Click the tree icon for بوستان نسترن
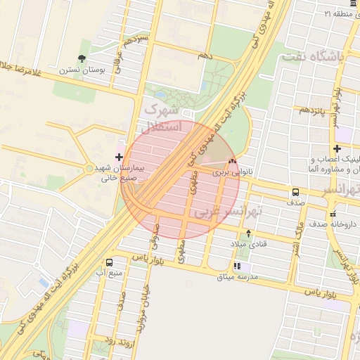pyautogui.click(x=82, y=58)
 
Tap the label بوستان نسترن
pyautogui.click(x=82, y=70)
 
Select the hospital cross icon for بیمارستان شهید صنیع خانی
pyautogui.click(x=119, y=157)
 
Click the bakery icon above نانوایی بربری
pyautogui.click(x=231, y=161)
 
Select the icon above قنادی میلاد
pyautogui.click(x=248, y=233)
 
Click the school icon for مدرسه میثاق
pyautogui.click(x=237, y=266)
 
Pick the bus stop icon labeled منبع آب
pyautogui.click(x=108, y=262)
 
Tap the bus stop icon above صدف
pyautogui.click(x=295, y=191)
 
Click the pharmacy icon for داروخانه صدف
pyautogui.click(x=333, y=213)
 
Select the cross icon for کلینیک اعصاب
pyautogui.click(x=337, y=148)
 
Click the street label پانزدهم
pyautogui.click(x=312, y=110)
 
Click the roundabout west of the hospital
pyautogui.click(x=89, y=168)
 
